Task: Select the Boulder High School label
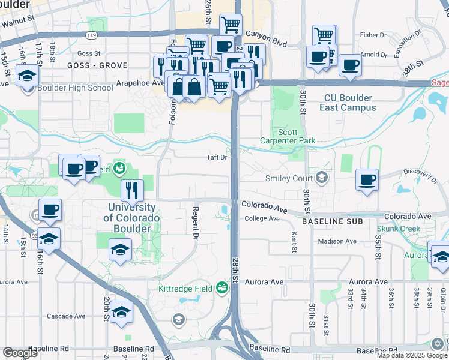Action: pos(75,88)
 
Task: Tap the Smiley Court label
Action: pos(289,178)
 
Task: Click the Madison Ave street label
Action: pos(337,241)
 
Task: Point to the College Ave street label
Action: pos(262,218)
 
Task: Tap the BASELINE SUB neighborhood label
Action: pos(332,222)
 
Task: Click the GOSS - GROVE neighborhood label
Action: pos(97,65)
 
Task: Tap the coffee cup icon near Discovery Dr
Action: pos(367,179)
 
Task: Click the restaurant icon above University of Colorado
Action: pos(132,190)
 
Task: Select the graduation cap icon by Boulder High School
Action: pos(28,76)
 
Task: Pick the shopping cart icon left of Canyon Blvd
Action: pos(231,25)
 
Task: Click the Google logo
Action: pos(20,353)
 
